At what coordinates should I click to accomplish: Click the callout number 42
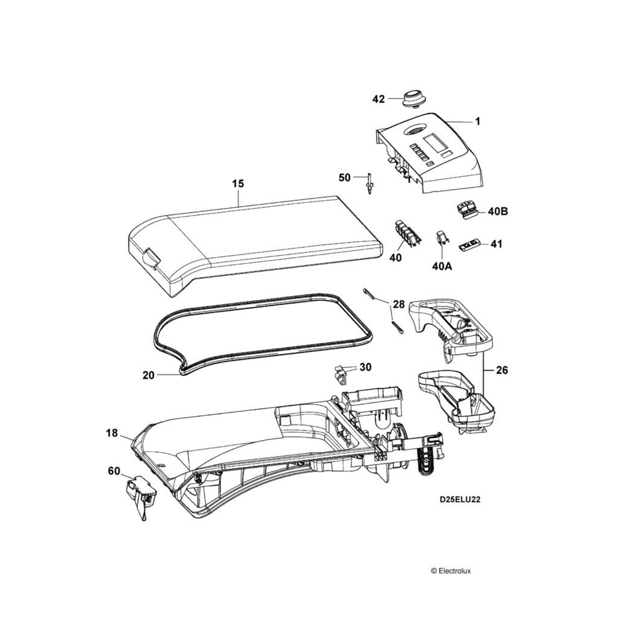(378, 99)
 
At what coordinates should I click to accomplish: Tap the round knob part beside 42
(413, 97)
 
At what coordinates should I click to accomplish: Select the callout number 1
(477, 121)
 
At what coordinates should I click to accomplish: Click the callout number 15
(238, 183)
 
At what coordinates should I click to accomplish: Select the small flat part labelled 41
(470, 244)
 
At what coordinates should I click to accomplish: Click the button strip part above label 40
(406, 232)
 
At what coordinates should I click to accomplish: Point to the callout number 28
(398, 304)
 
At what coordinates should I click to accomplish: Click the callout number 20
(148, 375)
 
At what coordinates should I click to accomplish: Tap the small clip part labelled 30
(341, 374)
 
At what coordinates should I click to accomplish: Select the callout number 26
(502, 370)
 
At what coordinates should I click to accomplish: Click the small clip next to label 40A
(441, 238)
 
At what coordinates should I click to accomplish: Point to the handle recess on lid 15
(149, 260)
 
